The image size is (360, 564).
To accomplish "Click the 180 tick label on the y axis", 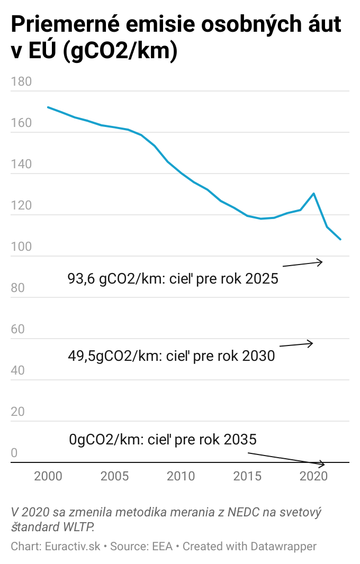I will [x=21, y=82].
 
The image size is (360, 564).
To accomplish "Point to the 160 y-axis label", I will [x=21, y=123].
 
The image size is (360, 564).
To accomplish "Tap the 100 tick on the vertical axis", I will [x=21, y=247].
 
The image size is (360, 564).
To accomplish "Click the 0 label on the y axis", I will [x=14, y=453].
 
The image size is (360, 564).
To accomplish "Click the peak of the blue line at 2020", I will [x=314, y=193].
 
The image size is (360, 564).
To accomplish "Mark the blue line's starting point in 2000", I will [x=48, y=107].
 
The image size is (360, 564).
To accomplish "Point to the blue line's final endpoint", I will [x=340, y=240].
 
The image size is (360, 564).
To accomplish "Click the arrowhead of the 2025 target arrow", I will [x=320, y=261].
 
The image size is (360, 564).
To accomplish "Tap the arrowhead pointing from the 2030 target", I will [x=311, y=343].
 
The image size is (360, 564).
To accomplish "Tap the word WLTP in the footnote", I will [x=80, y=527].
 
